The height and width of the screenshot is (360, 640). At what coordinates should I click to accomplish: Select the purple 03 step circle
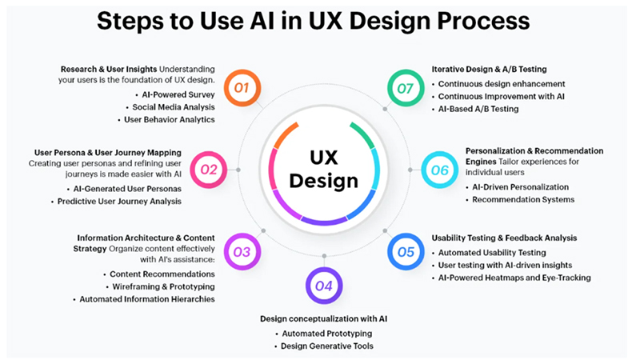pos(242,252)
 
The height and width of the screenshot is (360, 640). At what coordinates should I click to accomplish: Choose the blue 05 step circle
pos(406,252)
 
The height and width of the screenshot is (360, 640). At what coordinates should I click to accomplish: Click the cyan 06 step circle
pos(438,169)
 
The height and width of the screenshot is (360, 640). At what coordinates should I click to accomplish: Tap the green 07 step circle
pos(406,86)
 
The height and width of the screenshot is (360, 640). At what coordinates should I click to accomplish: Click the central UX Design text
pos(323,169)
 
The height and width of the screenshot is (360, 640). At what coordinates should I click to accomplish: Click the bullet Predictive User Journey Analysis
pos(119,202)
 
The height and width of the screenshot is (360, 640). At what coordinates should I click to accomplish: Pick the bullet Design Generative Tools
pos(327,346)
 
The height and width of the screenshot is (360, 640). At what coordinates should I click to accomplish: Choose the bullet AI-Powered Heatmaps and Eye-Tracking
pos(514,278)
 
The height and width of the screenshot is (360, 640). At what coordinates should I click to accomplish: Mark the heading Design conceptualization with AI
pos(324,318)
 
